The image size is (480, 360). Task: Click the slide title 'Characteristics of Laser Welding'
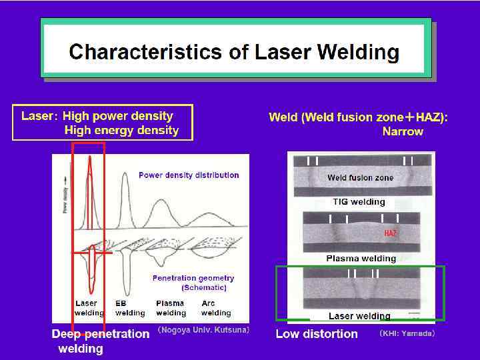(234, 51)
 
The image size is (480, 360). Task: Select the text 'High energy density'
(121, 131)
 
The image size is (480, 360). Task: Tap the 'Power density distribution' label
(189, 175)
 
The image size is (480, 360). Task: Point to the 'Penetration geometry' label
(193, 278)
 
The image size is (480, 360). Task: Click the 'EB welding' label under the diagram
(129, 308)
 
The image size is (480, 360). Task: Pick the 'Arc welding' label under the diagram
(215, 308)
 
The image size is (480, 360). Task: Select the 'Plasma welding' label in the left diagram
(171, 308)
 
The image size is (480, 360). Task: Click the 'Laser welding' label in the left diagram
(89, 308)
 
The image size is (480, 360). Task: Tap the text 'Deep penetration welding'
(100, 341)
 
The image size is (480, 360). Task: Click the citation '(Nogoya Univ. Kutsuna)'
(203, 330)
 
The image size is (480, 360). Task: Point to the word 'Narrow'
(403, 132)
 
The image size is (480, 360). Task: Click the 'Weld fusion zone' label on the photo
(360, 178)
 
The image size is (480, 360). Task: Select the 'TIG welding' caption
(359, 202)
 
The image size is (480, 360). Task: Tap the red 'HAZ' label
(390, 233)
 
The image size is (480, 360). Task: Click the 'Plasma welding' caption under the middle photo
(361, 259)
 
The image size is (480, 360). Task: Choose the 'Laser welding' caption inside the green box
(359, 316)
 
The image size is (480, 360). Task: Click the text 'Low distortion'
(317, 333)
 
